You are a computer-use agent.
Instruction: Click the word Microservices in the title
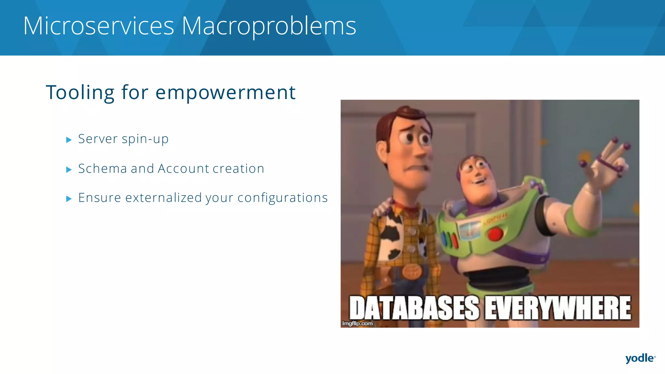pos(99,26)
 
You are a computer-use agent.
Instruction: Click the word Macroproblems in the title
pos(269,26)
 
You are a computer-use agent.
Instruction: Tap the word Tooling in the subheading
pos(80,93)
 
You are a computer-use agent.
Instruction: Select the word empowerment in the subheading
pos(225,93)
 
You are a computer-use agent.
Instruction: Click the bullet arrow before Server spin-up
pos(69,140)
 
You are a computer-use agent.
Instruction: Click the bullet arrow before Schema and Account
pos(69,169)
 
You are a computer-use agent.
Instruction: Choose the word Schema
pos(102,168)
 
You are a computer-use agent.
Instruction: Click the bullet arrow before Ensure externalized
pos(69,199)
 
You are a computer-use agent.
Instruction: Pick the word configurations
pos(282,198)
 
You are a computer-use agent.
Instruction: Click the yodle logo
pos(640,358)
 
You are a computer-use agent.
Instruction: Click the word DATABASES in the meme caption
pos(414,308)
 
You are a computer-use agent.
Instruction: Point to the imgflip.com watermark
pos(357,323)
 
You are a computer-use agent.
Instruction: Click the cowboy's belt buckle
pos(412,271)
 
